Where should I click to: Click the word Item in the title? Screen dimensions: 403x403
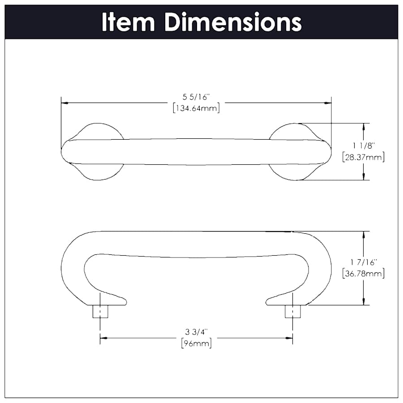tap(129, 22)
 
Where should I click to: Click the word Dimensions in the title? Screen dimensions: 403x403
tap(233, 22)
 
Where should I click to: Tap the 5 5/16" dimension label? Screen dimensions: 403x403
tap(196, 96)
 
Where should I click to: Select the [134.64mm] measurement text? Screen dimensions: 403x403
tap(196, 108)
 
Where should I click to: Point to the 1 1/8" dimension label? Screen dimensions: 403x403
tap(363, 146)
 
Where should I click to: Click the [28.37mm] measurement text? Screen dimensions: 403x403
tap(363, 157)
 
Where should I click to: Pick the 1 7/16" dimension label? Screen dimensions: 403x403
tap(363, 262)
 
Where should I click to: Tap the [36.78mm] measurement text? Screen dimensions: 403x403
tap(363, 273)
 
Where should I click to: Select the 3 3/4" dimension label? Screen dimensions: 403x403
tap(196, 332)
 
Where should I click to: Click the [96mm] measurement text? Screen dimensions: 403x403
tap(196, 343)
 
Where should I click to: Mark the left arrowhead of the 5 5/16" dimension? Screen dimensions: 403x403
tap(64, 103)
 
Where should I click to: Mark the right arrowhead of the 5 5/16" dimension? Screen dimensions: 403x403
tap(328, 103)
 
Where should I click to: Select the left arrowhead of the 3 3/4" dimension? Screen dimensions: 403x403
tap(103, 338)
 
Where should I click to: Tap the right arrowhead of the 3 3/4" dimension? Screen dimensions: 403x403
tap(289, 338)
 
